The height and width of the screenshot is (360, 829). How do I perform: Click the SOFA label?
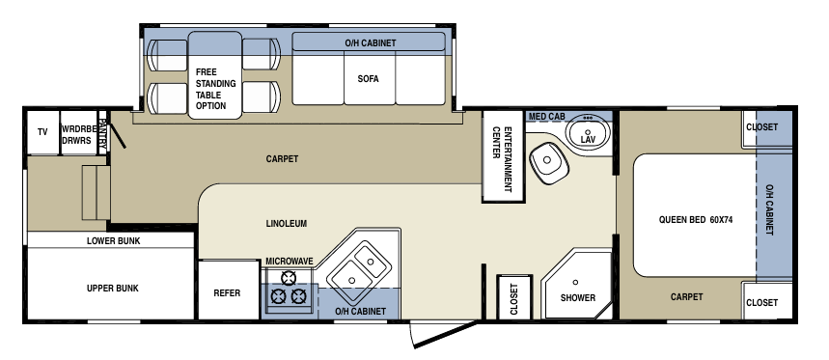pos(368,79)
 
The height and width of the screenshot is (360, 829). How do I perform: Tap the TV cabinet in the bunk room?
pos(42,132)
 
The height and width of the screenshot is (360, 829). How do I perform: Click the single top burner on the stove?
pos(289,278)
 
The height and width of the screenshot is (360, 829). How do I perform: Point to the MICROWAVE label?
pos(290,262)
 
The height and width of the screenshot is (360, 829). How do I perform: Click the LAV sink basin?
pos(588,131)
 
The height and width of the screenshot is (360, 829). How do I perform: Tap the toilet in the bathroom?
pos(548,162)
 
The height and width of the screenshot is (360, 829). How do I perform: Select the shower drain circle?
pos(575,282)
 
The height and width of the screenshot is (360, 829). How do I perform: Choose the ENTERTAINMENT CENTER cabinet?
pos(503,156)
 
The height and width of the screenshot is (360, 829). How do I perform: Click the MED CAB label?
pos(546,116)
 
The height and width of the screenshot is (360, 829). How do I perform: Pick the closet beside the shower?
pos(513,297)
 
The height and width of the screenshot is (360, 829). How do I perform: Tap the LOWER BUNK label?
pos(113,241)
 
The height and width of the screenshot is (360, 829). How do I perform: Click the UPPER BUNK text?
pos(113,289)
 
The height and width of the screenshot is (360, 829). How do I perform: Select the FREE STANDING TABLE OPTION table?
pos(215,75)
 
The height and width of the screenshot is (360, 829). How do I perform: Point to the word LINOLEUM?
pos(286,224)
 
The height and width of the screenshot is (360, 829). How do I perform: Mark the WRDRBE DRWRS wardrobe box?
pos(79,132)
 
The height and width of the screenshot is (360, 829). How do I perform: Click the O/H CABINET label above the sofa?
pos(370,43)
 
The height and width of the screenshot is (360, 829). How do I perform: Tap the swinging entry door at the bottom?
pos(445,334)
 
